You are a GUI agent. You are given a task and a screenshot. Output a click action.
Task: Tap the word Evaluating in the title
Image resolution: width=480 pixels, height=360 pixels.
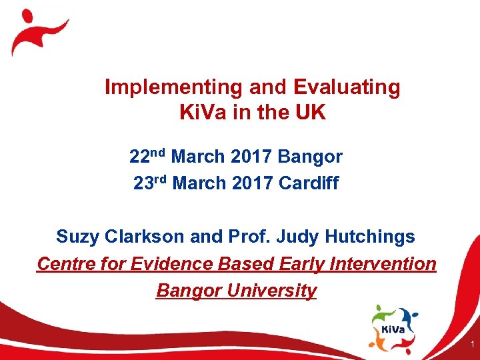(x=347, y=87)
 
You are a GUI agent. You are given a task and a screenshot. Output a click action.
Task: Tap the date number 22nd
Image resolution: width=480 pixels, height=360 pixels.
(x=147, y=157)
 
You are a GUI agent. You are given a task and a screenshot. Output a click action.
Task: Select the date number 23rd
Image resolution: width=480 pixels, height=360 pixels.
(x=150, y=183)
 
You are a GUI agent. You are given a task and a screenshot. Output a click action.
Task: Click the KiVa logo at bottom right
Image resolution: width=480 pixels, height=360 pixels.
(x=393, y=327)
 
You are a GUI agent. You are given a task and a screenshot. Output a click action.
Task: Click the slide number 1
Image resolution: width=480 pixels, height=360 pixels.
(x=471, y=345)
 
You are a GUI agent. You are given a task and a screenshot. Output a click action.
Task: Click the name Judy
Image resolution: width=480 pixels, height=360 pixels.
(x=298, y=237)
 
